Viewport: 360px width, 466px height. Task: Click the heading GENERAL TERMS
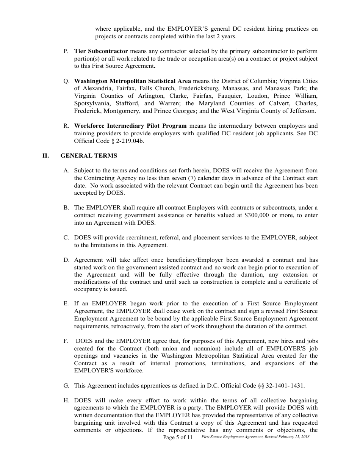point(89,156)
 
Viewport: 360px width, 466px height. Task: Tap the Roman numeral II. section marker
point(45,156)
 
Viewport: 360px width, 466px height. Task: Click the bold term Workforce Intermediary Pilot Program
point(130,126)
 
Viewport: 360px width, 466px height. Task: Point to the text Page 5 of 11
point(178,437)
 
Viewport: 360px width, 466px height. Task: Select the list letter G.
point(66,386)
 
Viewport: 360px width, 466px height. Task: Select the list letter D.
point(66,260)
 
